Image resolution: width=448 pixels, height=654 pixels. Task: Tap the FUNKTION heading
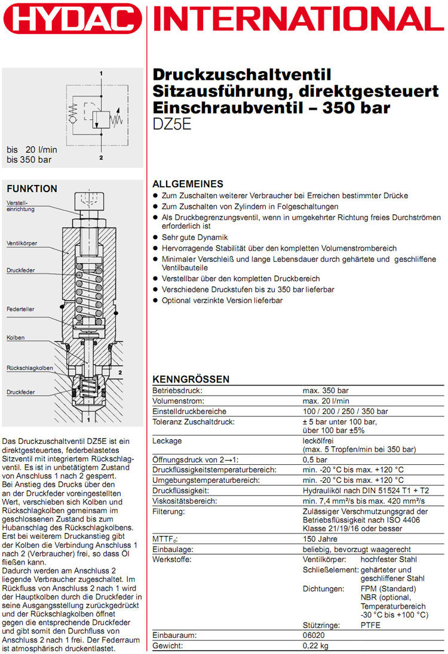(x=32, y=189)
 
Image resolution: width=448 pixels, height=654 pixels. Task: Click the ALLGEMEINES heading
(x=188, y=184)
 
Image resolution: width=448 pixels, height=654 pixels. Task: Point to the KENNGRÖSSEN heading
(x=191, y=380)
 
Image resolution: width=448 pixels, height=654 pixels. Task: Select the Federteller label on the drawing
(x=20, y=310)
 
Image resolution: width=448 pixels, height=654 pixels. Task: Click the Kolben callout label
(x=16, y=338)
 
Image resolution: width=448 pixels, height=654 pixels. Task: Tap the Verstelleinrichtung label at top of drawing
(x=18, y=207)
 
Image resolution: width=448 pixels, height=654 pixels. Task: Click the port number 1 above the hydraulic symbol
(x=102, y=73)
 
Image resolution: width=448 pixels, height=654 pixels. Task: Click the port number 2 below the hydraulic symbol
(x=102, y=158)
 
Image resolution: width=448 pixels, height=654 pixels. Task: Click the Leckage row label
(x=167, y=440)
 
